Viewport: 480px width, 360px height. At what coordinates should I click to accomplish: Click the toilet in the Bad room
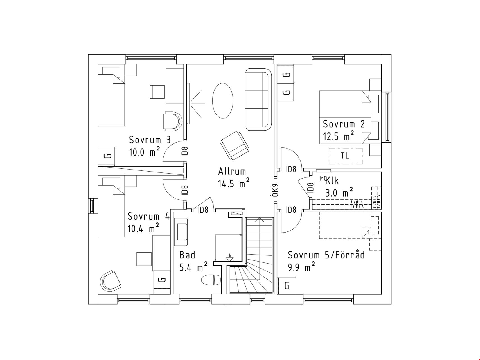click(x=211, y=280)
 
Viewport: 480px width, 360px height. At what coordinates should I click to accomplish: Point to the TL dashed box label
click(x=345, y=156)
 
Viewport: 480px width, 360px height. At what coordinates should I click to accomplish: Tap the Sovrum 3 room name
click(x=150, y=140)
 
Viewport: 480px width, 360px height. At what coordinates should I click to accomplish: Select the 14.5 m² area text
click(x=234, y=183)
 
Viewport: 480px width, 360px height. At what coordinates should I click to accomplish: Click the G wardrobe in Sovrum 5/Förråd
click(x=287, y=286)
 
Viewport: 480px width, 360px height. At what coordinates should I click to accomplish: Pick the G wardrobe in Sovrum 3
click(x=107, y=156)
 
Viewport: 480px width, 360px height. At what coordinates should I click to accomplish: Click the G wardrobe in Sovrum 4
click(x=162, y=280)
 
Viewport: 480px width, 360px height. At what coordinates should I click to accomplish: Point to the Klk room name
click(x=332, y=181)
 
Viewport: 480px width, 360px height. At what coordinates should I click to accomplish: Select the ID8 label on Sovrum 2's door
click(x=291, y=169)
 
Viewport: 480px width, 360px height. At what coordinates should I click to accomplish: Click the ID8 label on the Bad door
click(x=203, y=210)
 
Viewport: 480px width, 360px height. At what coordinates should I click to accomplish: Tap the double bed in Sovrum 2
click(x=350, y=117)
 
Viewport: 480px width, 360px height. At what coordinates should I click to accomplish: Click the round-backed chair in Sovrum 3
click(x=173, y=121)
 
